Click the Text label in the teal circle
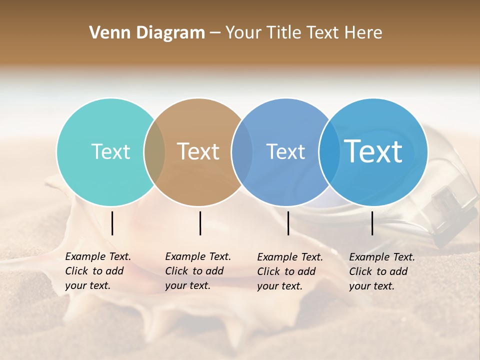coord(110,152)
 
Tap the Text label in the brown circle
coord(198,152)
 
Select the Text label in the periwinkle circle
coord(285,152)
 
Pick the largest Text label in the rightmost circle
coord(373,151)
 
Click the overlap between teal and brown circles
coord(154,152)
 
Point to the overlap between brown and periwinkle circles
coord(242,152)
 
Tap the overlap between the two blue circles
coord(329,152)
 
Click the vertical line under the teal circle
coord(112,223)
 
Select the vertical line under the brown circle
coord(200,223)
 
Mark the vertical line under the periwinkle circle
coord(288,223)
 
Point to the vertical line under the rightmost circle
coord(372,223)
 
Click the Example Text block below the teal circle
coord(98,271)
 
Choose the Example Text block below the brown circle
coord(198,271)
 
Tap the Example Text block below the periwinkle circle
coord(290,271)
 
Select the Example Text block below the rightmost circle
coord(382,271)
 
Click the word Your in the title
coord(242,33)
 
